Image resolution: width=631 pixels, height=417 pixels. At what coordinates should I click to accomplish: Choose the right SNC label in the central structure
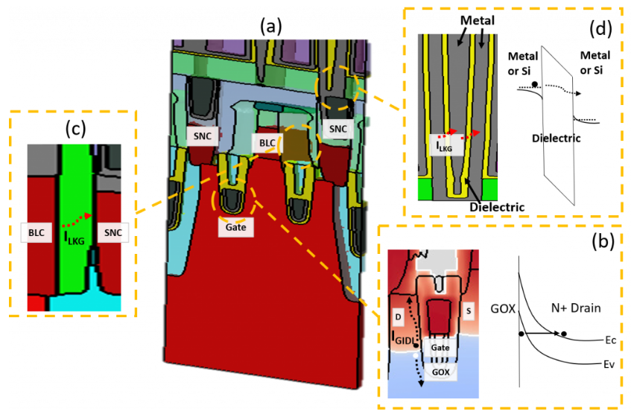pyautogui.click(x=338, y=128)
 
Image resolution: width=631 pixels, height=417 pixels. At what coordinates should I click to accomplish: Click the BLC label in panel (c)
pyautogui.click(x=38, y=233)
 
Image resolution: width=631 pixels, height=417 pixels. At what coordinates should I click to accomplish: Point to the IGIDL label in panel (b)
pyautogui.click(x=402, y=337)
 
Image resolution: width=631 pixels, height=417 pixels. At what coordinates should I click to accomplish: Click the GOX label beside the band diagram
pyautogui.click(x=504, y=305)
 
